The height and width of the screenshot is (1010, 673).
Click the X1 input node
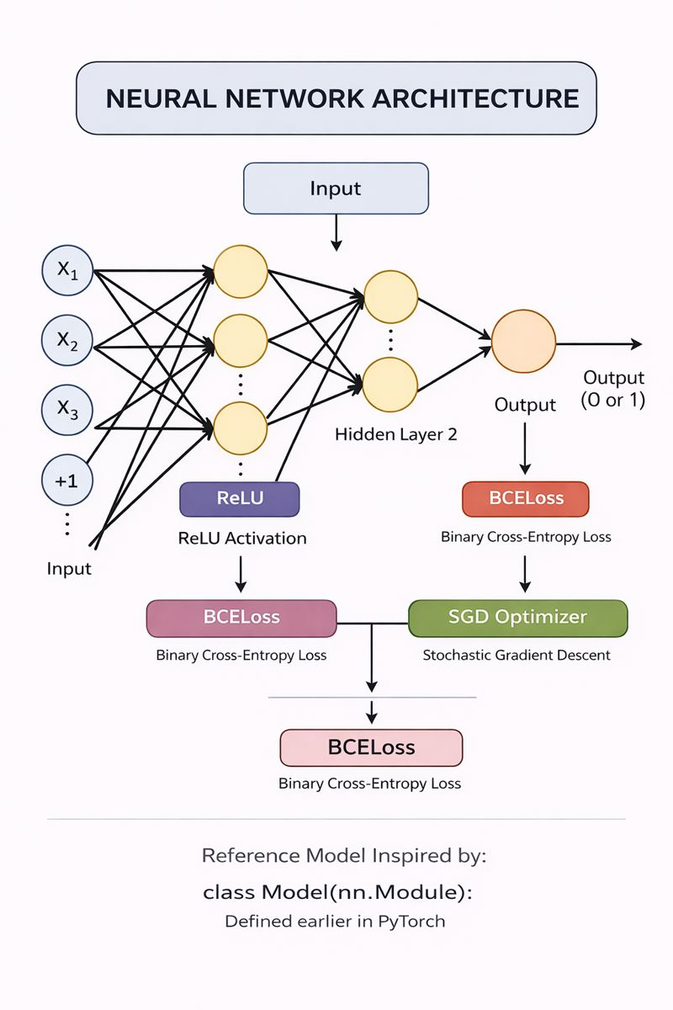[68, 273]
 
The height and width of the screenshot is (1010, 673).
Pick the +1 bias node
[68, 481]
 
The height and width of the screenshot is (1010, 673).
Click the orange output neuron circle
[523, 341]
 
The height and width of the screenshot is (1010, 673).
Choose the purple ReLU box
[240, 498]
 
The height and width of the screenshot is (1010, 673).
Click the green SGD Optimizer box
[517, 617]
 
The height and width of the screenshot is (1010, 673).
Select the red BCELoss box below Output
[526, 498]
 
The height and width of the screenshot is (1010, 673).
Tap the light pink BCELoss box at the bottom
[371, 747]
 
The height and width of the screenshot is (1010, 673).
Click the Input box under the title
[336, 188]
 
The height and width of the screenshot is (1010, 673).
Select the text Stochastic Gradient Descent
[517, 655]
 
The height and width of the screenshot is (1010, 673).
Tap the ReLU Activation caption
[242, 538]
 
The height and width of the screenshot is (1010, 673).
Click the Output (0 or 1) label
[614, 389]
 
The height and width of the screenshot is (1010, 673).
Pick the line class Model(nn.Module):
[337, 892]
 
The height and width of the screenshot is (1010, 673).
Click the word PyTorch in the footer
[411, 921]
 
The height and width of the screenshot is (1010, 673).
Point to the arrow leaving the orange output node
[599, 343]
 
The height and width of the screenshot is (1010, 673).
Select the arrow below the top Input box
[336, 231]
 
